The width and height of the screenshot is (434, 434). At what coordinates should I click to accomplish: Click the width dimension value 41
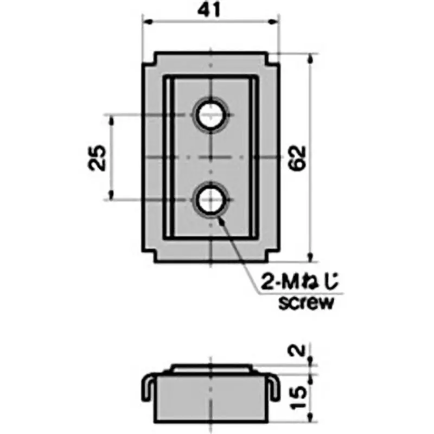(210, 11)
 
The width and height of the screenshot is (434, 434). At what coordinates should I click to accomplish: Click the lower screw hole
(210, 200)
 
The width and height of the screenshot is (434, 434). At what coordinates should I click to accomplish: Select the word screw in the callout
(305, 302)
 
